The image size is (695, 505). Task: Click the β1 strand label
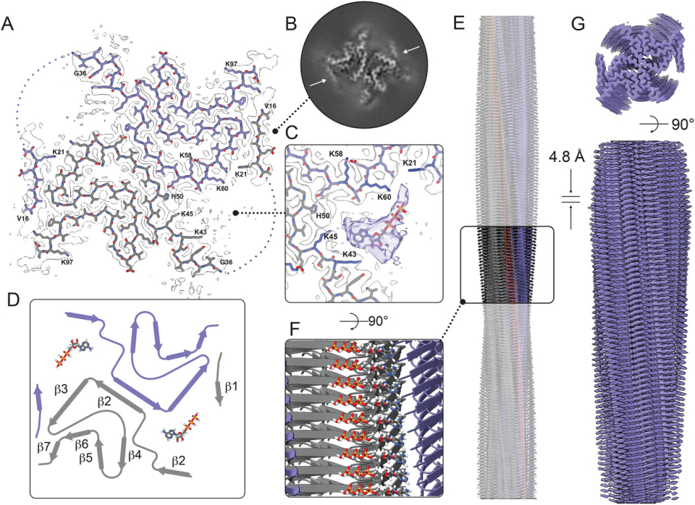click(x=231, y=386)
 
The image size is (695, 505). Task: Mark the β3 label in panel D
click(x=61, y=390)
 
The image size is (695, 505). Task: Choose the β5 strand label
click(x=87, y=457)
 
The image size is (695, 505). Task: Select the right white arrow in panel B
click(x=410, y=50)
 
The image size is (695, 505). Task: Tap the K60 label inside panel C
click(x=384, y=197)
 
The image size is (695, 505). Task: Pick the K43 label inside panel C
click(x=350, y=254)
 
